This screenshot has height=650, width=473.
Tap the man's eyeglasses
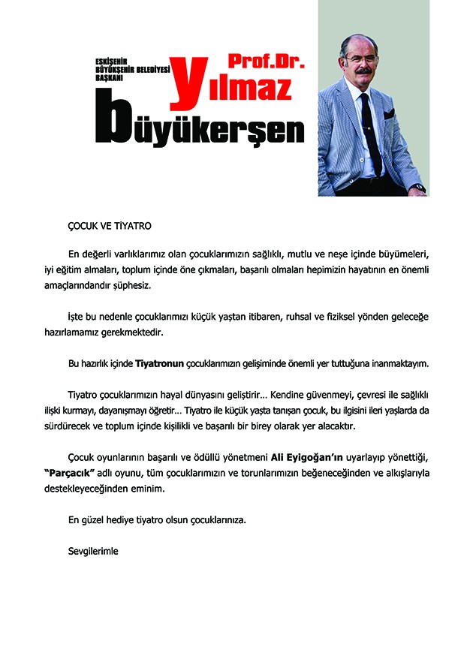tap(360, 59)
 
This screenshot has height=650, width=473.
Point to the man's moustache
tap(362, 72)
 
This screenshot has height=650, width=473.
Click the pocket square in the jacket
tap(389, 115)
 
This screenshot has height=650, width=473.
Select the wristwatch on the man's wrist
tap(417, 187)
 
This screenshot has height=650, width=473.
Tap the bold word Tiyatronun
tap(160, 364)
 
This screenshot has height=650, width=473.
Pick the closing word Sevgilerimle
tap(93, 550)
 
